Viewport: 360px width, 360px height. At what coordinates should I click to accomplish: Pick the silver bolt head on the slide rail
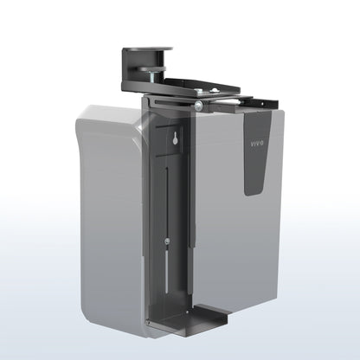pos(199,105)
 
